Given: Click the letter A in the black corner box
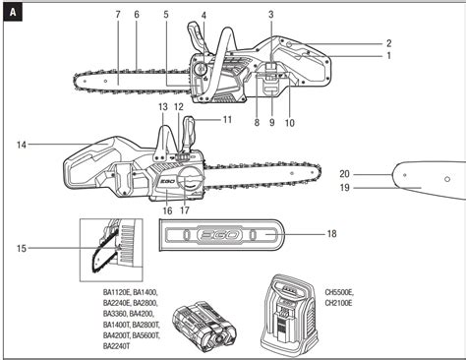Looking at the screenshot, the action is (13, 13).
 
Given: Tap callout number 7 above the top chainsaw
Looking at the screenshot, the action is (118, 15).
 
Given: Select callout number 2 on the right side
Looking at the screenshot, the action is (388, 43).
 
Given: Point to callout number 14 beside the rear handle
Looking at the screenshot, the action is (22, 145).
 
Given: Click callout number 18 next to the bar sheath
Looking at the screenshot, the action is (331, 234).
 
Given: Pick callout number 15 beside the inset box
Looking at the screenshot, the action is (22, 248).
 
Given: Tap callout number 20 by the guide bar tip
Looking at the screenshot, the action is (344, 174).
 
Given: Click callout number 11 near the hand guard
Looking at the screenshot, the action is (227, 120).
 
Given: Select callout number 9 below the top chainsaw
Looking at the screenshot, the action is (272, 123).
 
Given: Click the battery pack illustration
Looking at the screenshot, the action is (204, 328).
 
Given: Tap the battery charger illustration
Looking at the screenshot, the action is (290, 316).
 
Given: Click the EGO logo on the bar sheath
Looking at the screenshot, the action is (220, 235).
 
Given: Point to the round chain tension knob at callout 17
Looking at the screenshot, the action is (189, 180).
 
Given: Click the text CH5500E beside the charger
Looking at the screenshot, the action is (339, 292).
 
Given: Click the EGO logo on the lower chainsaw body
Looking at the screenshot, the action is (167, 181).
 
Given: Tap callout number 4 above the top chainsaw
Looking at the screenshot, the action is (204, 16).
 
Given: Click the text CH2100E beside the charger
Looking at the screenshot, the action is (339, 303).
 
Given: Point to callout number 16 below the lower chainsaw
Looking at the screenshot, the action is (167, 210).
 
